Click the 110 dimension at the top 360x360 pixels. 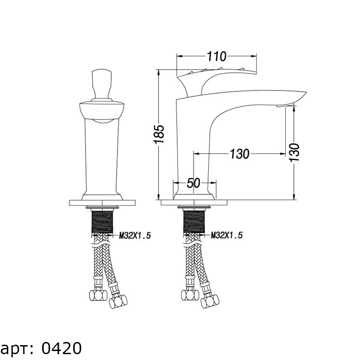(x=216, y=57)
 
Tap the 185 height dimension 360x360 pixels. (x=159, y=135)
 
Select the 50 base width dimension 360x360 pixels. (x=193, y=183)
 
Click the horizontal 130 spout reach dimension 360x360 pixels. (x=239, y=154)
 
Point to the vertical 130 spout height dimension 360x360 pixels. (x=294, y=152)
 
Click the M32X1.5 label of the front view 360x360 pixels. (x=135, y=235)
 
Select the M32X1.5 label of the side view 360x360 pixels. (x=227, y=235)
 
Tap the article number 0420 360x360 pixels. (x=62, y=348)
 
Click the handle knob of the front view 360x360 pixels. (x=102, y=83)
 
